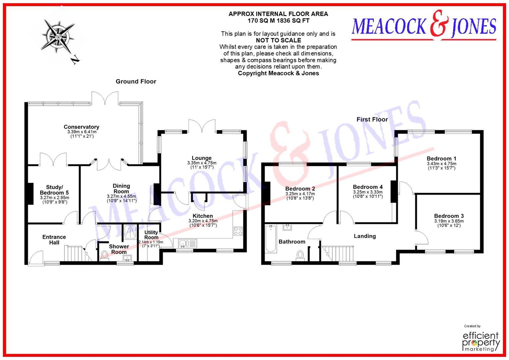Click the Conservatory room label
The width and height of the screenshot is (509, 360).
click(x=81, y=127)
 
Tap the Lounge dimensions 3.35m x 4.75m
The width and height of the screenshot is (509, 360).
click(x=202, y=163)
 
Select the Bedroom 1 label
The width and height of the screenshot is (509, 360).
click(x=441, y=158)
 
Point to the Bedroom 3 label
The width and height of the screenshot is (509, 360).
click(x=449, y=216)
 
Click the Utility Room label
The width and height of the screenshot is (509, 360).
click(x=151, y=235)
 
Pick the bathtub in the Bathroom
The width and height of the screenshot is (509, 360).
click(x=270, y=239)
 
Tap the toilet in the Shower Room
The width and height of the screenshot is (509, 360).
click(x=104, y=256)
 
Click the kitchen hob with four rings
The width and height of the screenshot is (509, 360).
click(x=238, y=231)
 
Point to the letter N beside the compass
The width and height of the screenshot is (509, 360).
click(x=76, y=60)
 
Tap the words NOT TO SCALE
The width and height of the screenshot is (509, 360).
click(x=278, y=40)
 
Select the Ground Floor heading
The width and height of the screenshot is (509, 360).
click(x=136, y=81)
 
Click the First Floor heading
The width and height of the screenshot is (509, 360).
click(x=372, y=119)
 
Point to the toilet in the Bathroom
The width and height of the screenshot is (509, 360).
click(x=300, y=255)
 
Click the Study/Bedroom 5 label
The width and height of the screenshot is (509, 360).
click(x=54, y=190)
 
